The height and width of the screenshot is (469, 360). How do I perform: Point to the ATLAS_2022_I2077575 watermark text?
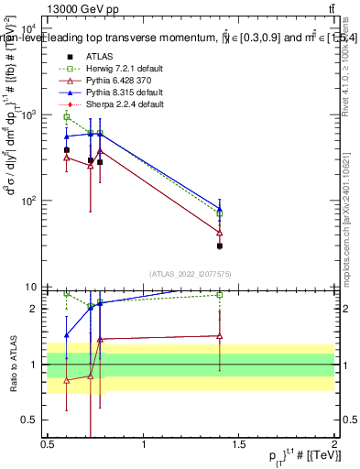click(x=188, y=273)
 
